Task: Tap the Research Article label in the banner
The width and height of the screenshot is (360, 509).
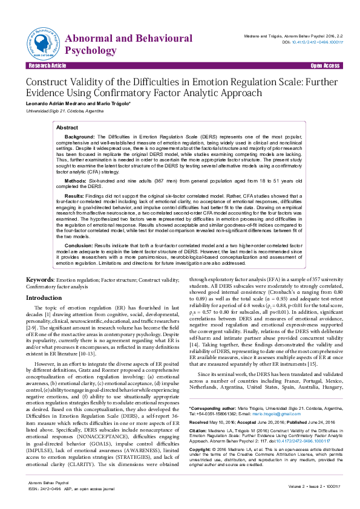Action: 47,65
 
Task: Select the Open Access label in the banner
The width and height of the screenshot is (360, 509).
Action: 325,65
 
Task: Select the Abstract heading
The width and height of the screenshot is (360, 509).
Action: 67,128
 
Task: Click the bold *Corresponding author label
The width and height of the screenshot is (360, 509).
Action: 212,358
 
